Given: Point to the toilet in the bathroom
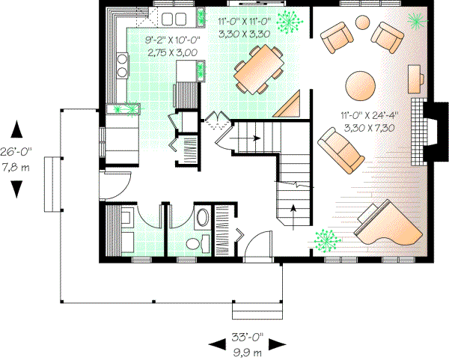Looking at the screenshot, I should click(196, 242).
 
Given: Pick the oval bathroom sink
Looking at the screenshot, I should click(202, 219).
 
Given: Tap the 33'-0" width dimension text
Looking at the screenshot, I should click(247, 337).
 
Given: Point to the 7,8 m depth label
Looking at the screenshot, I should click(16, 166).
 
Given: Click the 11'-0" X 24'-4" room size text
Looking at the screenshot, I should click(369, 116).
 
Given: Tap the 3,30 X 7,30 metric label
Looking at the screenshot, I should click(369, 127).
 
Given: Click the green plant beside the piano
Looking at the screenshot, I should click(325, 240).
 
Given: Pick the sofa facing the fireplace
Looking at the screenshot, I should click(339, 148).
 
